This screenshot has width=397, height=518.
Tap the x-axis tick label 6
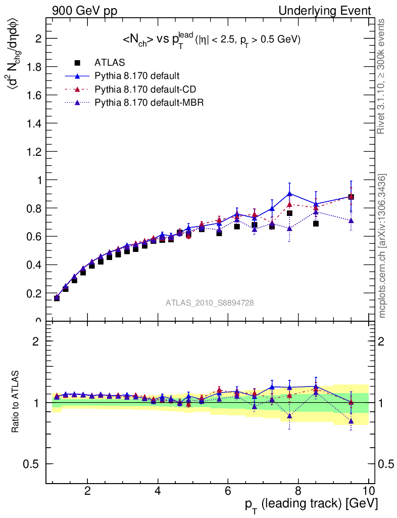coord(228,491)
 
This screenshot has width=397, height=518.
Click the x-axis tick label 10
coord(368,491)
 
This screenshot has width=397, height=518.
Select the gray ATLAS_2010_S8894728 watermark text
coord(210,303)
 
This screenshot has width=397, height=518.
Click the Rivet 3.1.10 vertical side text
coord(382,76)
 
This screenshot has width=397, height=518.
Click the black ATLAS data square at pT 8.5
coord(316,223)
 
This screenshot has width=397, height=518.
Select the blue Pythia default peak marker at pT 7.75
coord(289,193)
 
